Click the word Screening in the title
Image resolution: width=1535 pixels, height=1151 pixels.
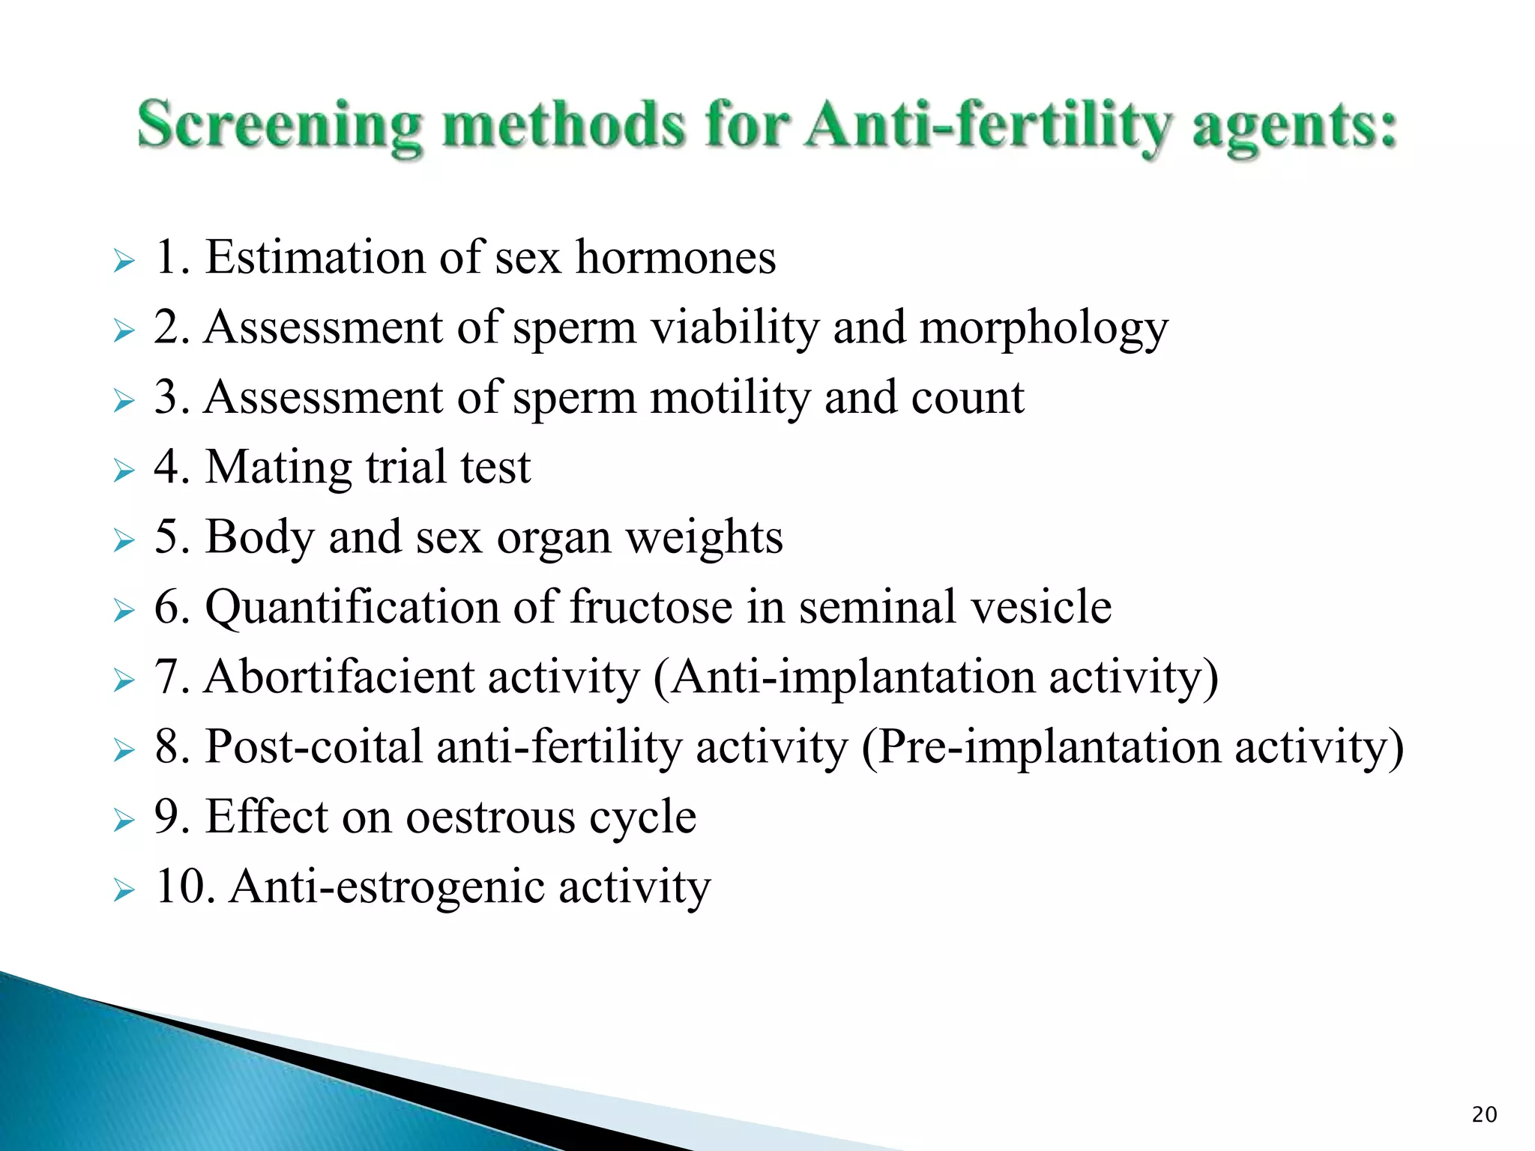pyautogui.click(x=279, y=125)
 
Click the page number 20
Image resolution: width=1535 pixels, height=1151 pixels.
pyautogui.click(x=1484, y=1115)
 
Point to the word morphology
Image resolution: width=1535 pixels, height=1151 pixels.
pyautogui.click(x=1043, y=330)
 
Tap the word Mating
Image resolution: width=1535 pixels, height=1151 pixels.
pyautogui.click(x=278, y=468)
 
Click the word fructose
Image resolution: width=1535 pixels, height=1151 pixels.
pyautogui.click(x=651, y=606)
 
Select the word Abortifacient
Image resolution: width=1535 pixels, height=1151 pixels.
pyautogui.click(x=340, y=677)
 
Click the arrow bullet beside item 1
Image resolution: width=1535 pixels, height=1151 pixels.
pyautogui.click(x=124, y=262)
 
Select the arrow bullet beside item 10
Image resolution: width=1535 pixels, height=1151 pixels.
pyautogui.click(x=124, y=891)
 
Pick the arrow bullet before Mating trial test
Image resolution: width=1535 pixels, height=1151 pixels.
pyautogui.click(x=124, y=471)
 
